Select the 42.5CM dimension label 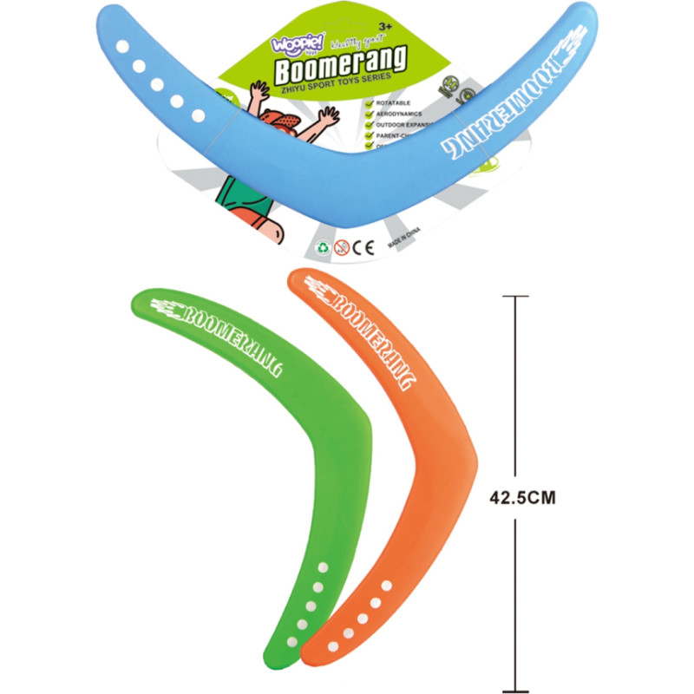pos(522,498)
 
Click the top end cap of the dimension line pos(515,297)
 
